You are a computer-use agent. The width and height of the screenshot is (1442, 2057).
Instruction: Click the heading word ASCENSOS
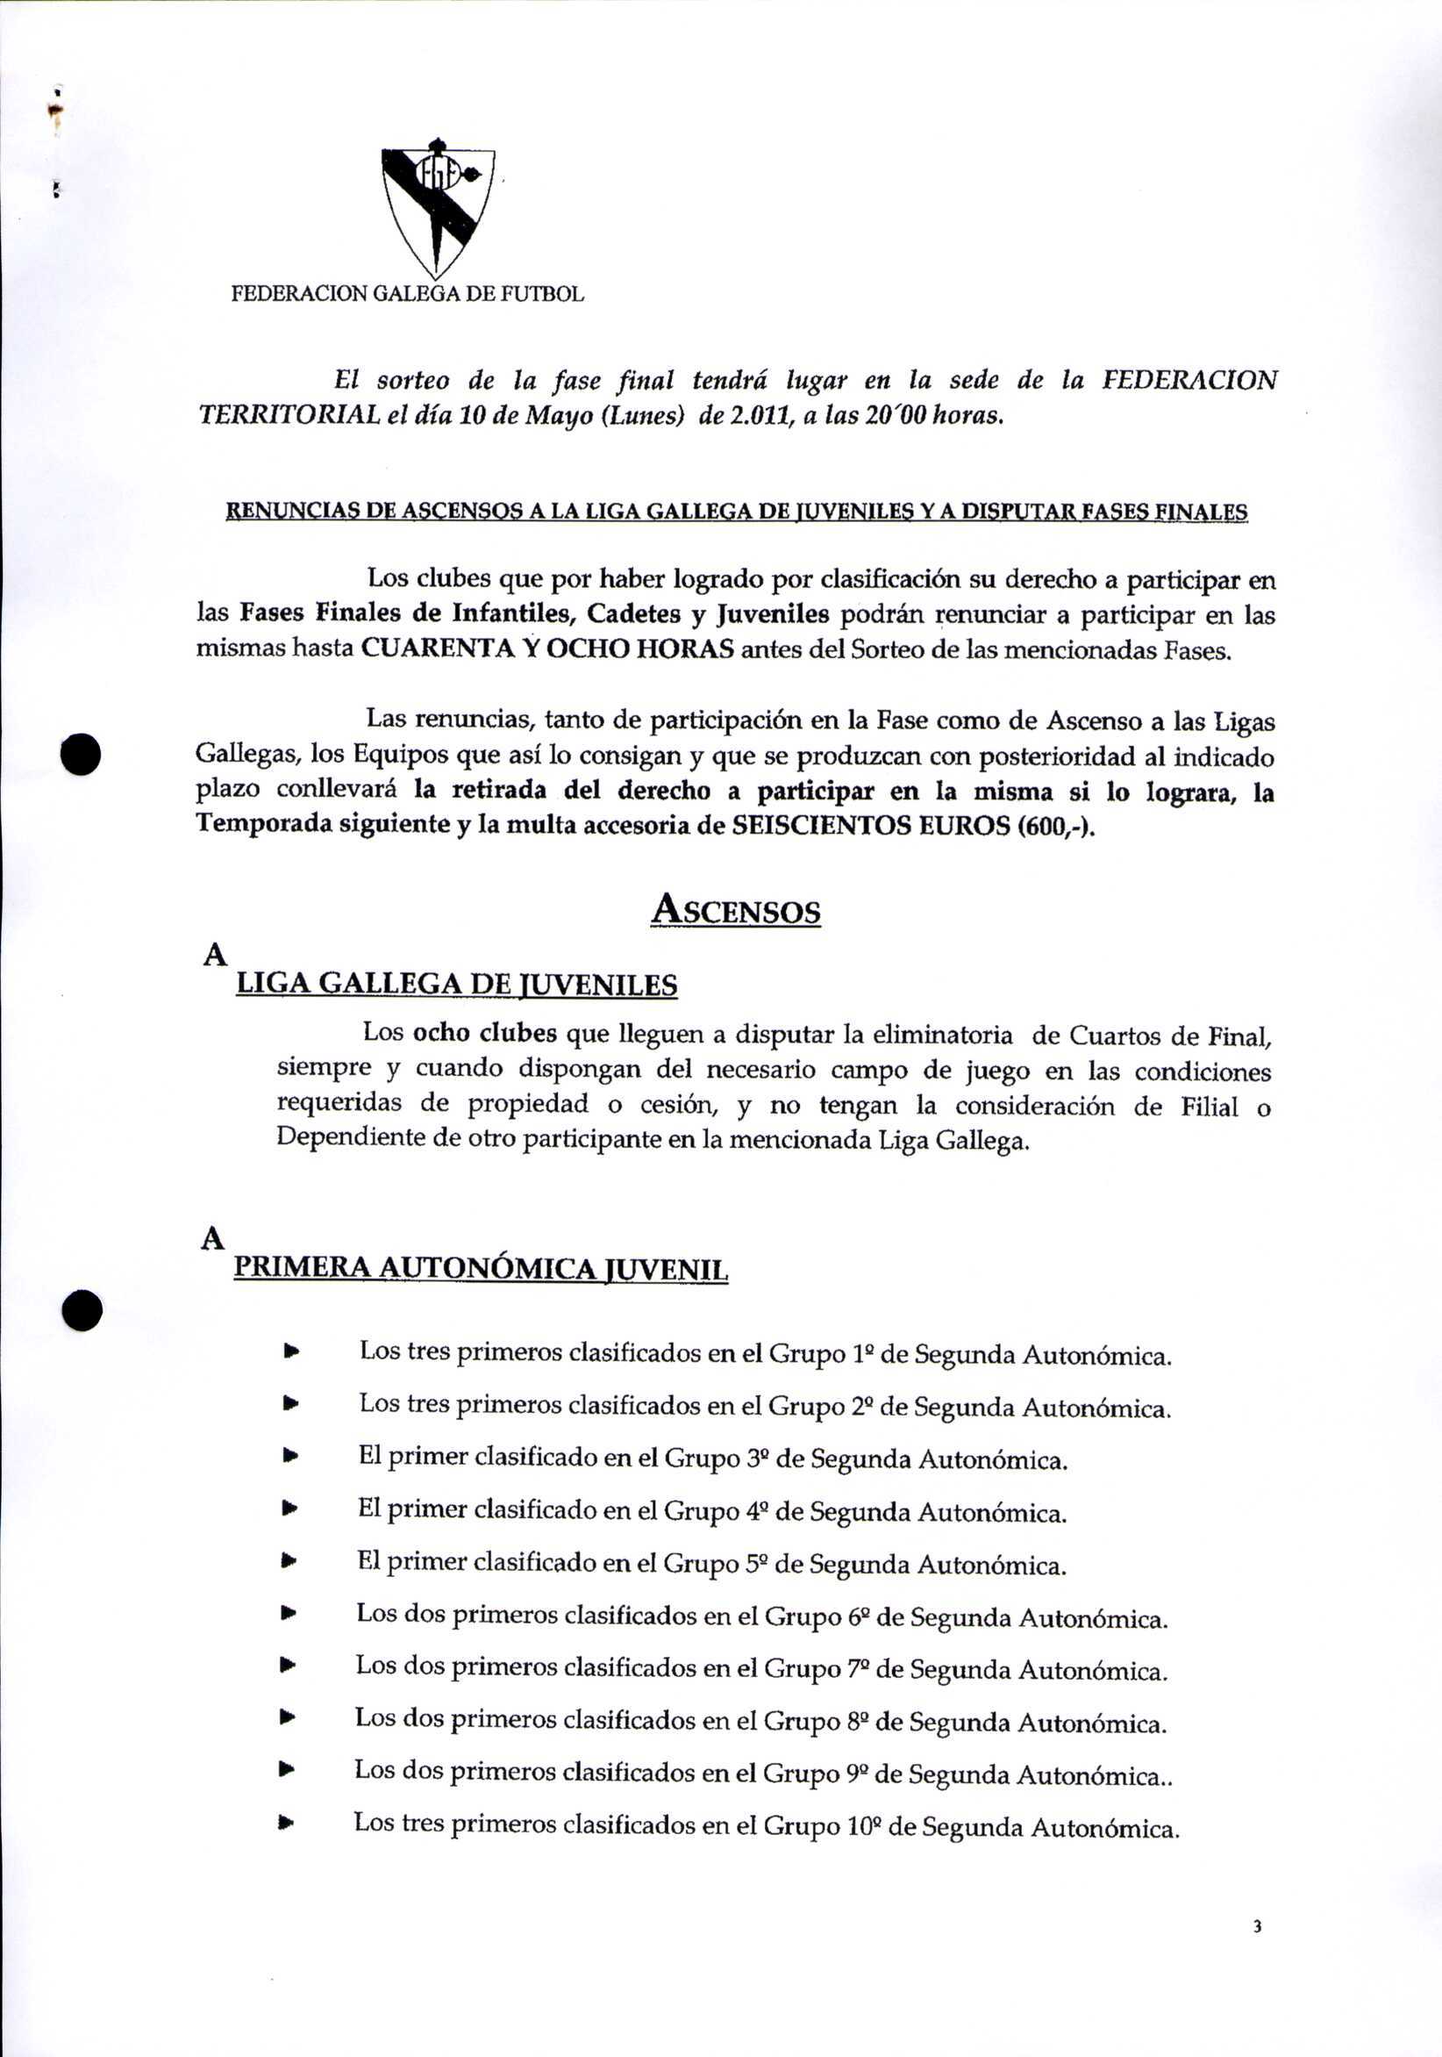(735, 910)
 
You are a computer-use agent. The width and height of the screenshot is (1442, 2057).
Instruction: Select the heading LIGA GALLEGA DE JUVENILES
(457, 985)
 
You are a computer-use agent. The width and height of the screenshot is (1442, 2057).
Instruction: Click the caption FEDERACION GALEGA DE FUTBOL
(408, 294)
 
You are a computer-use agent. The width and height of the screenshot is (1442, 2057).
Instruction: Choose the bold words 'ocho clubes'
(484, 1033)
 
